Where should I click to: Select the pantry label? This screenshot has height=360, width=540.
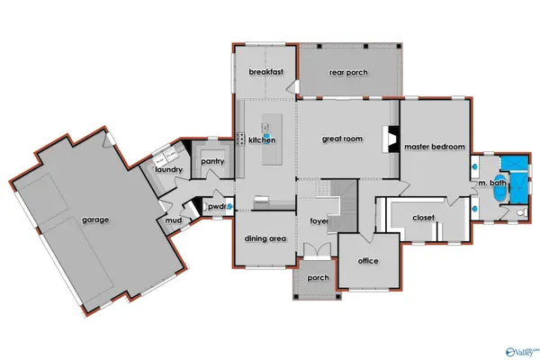tap(213, 161)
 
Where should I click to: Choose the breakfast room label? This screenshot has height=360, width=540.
tap(266, 71)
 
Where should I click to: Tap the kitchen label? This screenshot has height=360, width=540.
tap(262, 140)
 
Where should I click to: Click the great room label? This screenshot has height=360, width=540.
tap(342, 139)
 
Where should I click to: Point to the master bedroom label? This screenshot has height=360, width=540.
tap(435, 147)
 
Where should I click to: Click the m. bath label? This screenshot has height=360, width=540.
tap(492, 184)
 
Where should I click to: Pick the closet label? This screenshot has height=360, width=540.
tap(424, 217)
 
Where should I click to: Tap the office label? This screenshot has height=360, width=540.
tap(367, 261)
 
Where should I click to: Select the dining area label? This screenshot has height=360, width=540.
tap(265, 238)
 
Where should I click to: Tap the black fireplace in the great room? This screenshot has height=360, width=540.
tap(389, 138)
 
